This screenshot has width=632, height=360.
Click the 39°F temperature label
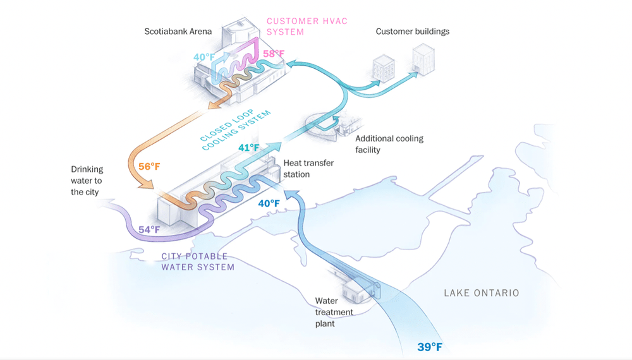pyautogui.click(x=430, y=347)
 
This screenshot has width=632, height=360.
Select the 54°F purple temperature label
pyautogui.click(x=150, y=229)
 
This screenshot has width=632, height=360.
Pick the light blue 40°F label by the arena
pyautogui.click(x=205, y=57)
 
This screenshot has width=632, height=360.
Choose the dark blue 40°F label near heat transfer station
pyautogui.click(x=269, y=203)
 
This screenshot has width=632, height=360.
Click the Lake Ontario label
pyautogui.click(x=481, y=292)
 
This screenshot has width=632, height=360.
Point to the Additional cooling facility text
pyautogui.click(x=389, y=144)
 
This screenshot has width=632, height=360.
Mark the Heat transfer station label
pyautogui.click(x=308, y=168)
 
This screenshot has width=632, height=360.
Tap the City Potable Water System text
pyautogui.click(x=195, y=261)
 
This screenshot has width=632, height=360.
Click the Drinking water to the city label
pyautogui.click(x=87, y=181)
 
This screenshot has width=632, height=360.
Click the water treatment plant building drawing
pyautogui.click(x=355, y=291)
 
